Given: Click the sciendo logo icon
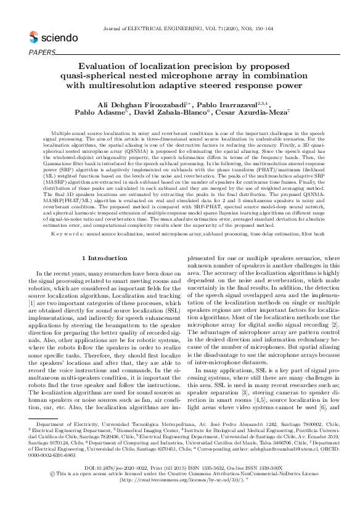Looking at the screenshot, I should (x=33, y=38).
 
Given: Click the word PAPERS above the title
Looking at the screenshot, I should (x=42, y=52).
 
